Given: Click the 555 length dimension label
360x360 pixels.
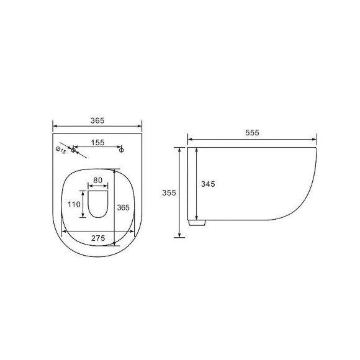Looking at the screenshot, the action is [252, 133].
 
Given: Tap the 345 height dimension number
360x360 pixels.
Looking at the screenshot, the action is [208, 184].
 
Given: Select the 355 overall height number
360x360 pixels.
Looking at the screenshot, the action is [169, 192].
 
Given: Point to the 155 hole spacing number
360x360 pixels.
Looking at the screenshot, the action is [97, 143].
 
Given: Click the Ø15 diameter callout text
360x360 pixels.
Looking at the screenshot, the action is [61, 150].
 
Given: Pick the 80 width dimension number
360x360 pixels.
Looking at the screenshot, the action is [98, 180].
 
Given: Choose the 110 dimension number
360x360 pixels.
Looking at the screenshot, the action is [74, 204].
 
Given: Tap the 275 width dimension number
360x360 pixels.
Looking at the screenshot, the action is [98, 238].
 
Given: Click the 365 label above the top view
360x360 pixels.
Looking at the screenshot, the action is [97, 120].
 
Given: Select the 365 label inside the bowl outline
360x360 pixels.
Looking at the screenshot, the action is [124, 207].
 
